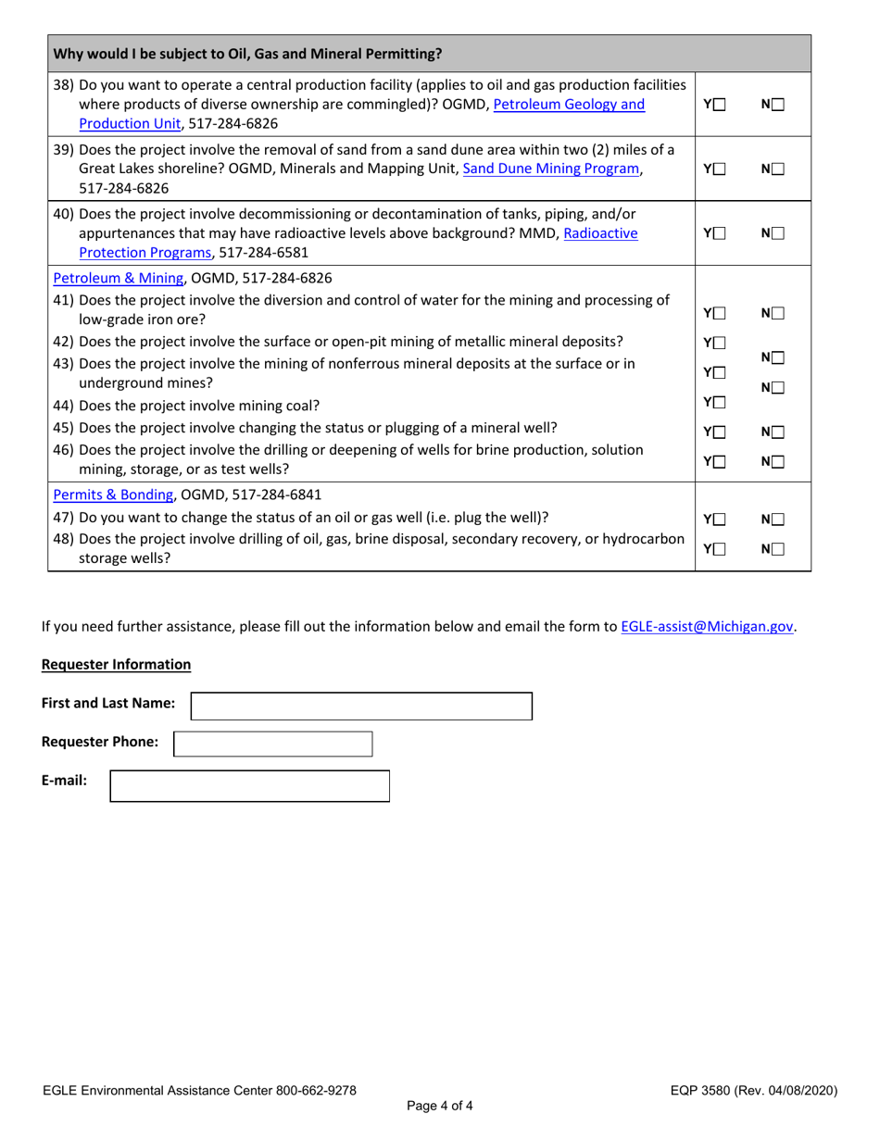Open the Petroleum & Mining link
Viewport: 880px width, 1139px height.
(119, 277)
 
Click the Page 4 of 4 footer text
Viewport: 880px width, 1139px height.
(439, 1105)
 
